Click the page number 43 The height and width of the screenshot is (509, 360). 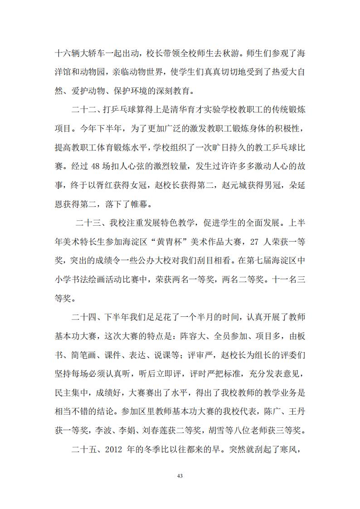pyautogui.click(x=180, y=476)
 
